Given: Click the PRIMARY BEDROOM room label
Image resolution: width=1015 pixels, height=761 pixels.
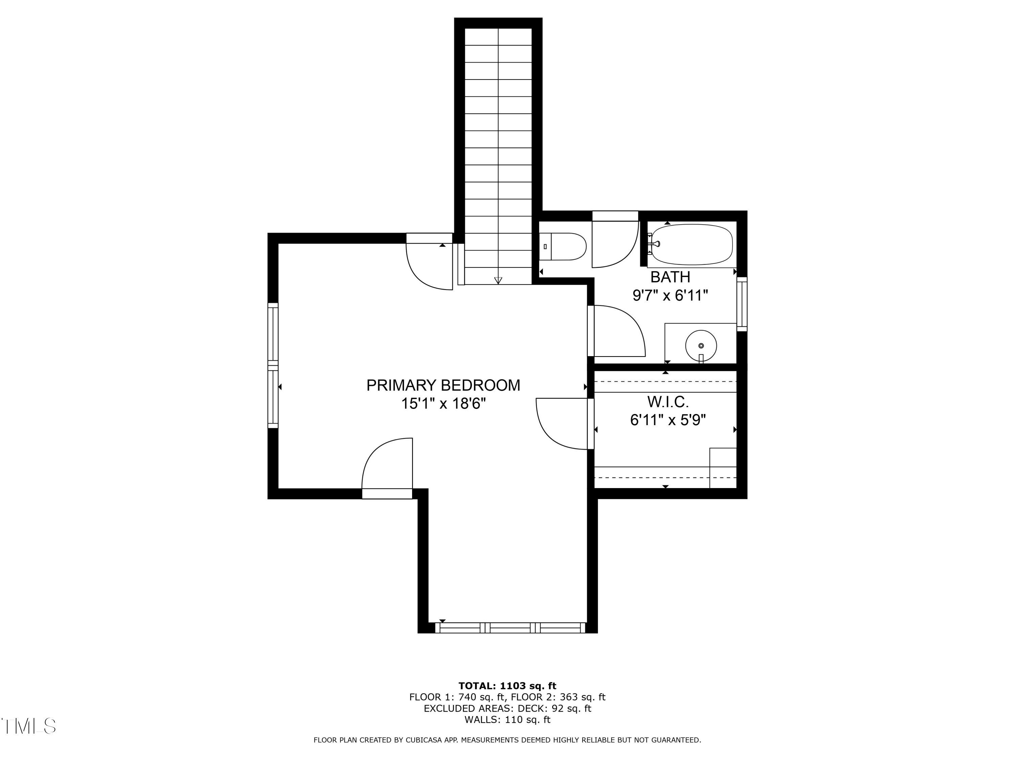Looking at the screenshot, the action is (x=443, y=385).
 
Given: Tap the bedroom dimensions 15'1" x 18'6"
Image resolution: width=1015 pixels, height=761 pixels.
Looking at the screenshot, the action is (x=443, y=403).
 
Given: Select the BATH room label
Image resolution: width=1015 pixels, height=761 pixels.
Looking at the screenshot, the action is (x=670, y=277).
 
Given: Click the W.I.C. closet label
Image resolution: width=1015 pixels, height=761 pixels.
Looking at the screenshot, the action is (x=668, y=402).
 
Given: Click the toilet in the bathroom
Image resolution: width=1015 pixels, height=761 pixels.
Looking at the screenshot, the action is (x=563, y=246).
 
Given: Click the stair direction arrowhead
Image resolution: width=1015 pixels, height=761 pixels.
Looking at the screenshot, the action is (x=498, y=281).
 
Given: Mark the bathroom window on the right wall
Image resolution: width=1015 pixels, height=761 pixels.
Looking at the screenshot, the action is (x=742, y=304).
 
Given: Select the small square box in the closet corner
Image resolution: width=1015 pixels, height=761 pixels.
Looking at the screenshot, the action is (x=723, y=468).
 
